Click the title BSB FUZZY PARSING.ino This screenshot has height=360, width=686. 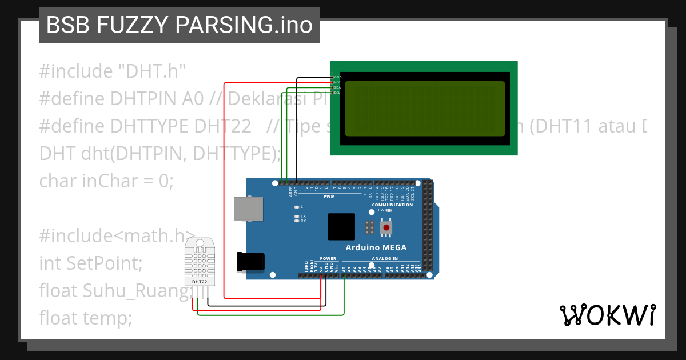[x=179, y=25]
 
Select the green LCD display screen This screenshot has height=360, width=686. [x=424, y=108]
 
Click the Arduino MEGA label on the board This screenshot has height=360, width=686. [x=376, y=247]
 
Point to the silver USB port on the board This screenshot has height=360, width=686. [x=248, y=209]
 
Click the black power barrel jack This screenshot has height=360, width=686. [x=251, y=262]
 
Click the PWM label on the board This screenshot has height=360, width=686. [x=329, y=196]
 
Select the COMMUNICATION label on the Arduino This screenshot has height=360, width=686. [x=392, y=205]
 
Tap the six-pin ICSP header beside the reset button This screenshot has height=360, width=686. [x=370, y=227]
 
